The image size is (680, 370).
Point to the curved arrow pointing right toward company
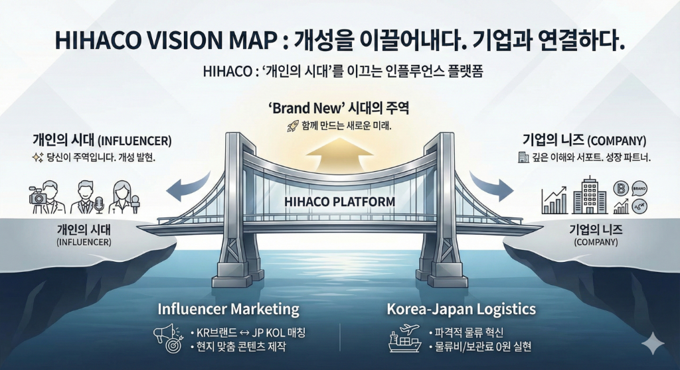(492, 182)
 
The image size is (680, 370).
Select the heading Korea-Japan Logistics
(461, 309)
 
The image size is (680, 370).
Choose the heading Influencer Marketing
(228, 309)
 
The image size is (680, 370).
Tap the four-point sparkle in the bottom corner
(653, 344)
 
